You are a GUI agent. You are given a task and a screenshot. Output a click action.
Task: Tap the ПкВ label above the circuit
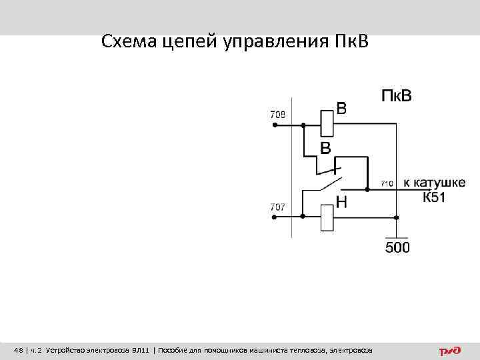(x=396, y=96)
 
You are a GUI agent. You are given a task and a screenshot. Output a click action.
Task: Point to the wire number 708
(x=278, y=115)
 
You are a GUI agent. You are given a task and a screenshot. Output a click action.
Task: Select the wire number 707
(x=278, y=207)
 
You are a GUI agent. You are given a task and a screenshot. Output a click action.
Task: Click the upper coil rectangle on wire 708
(x=327, y=122)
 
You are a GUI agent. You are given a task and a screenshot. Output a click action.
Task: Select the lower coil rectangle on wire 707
(x=327, y=217)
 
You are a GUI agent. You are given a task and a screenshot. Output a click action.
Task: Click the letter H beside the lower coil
(x=341, y=201)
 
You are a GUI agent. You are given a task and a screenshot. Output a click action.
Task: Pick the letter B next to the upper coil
(x=341, y=108)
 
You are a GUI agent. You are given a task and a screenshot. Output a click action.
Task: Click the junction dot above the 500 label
(x=397, y=217)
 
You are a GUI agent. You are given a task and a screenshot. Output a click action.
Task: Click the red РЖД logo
(x=451, y=350)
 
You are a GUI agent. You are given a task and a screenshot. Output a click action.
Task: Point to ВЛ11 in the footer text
(x=140, y=350)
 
